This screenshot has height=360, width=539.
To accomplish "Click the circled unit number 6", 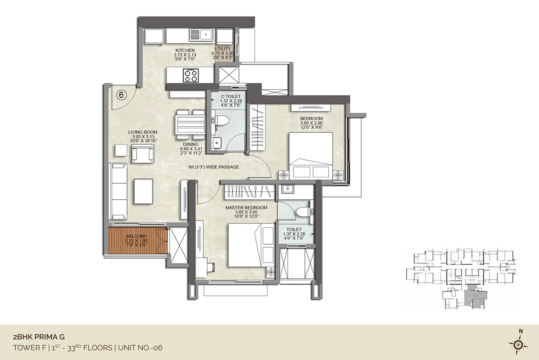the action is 121,95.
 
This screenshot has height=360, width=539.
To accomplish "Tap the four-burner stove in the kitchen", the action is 191,75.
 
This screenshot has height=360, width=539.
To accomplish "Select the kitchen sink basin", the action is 206,35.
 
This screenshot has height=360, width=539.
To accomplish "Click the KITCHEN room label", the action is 185,50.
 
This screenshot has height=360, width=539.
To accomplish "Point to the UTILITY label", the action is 223,49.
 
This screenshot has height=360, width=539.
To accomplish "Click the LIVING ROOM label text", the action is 143,132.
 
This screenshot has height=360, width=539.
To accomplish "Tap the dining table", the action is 190,125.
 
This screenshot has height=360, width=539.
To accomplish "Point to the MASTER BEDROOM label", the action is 246,207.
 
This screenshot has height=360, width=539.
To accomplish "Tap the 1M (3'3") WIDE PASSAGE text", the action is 213,167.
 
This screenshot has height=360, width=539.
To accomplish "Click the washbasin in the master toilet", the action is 287,189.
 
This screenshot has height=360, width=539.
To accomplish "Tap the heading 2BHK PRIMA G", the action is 39,337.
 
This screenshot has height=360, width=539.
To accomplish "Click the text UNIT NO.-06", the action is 140,348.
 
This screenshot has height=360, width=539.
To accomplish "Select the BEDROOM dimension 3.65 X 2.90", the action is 311,123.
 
